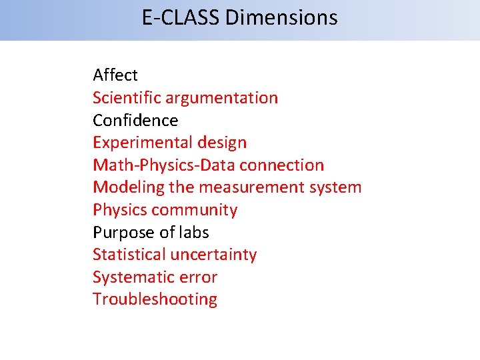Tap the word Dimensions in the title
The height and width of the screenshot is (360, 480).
[282, 17]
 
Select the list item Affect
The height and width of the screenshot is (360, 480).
[115, 75]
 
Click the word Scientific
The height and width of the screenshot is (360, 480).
[127, 97]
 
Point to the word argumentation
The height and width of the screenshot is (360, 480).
[221, 97]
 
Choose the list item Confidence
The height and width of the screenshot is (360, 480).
[135, 120]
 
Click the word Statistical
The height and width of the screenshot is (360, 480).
[129, 255]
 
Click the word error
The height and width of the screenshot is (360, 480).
[197, 277]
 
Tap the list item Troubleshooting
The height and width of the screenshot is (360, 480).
[155, 299]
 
